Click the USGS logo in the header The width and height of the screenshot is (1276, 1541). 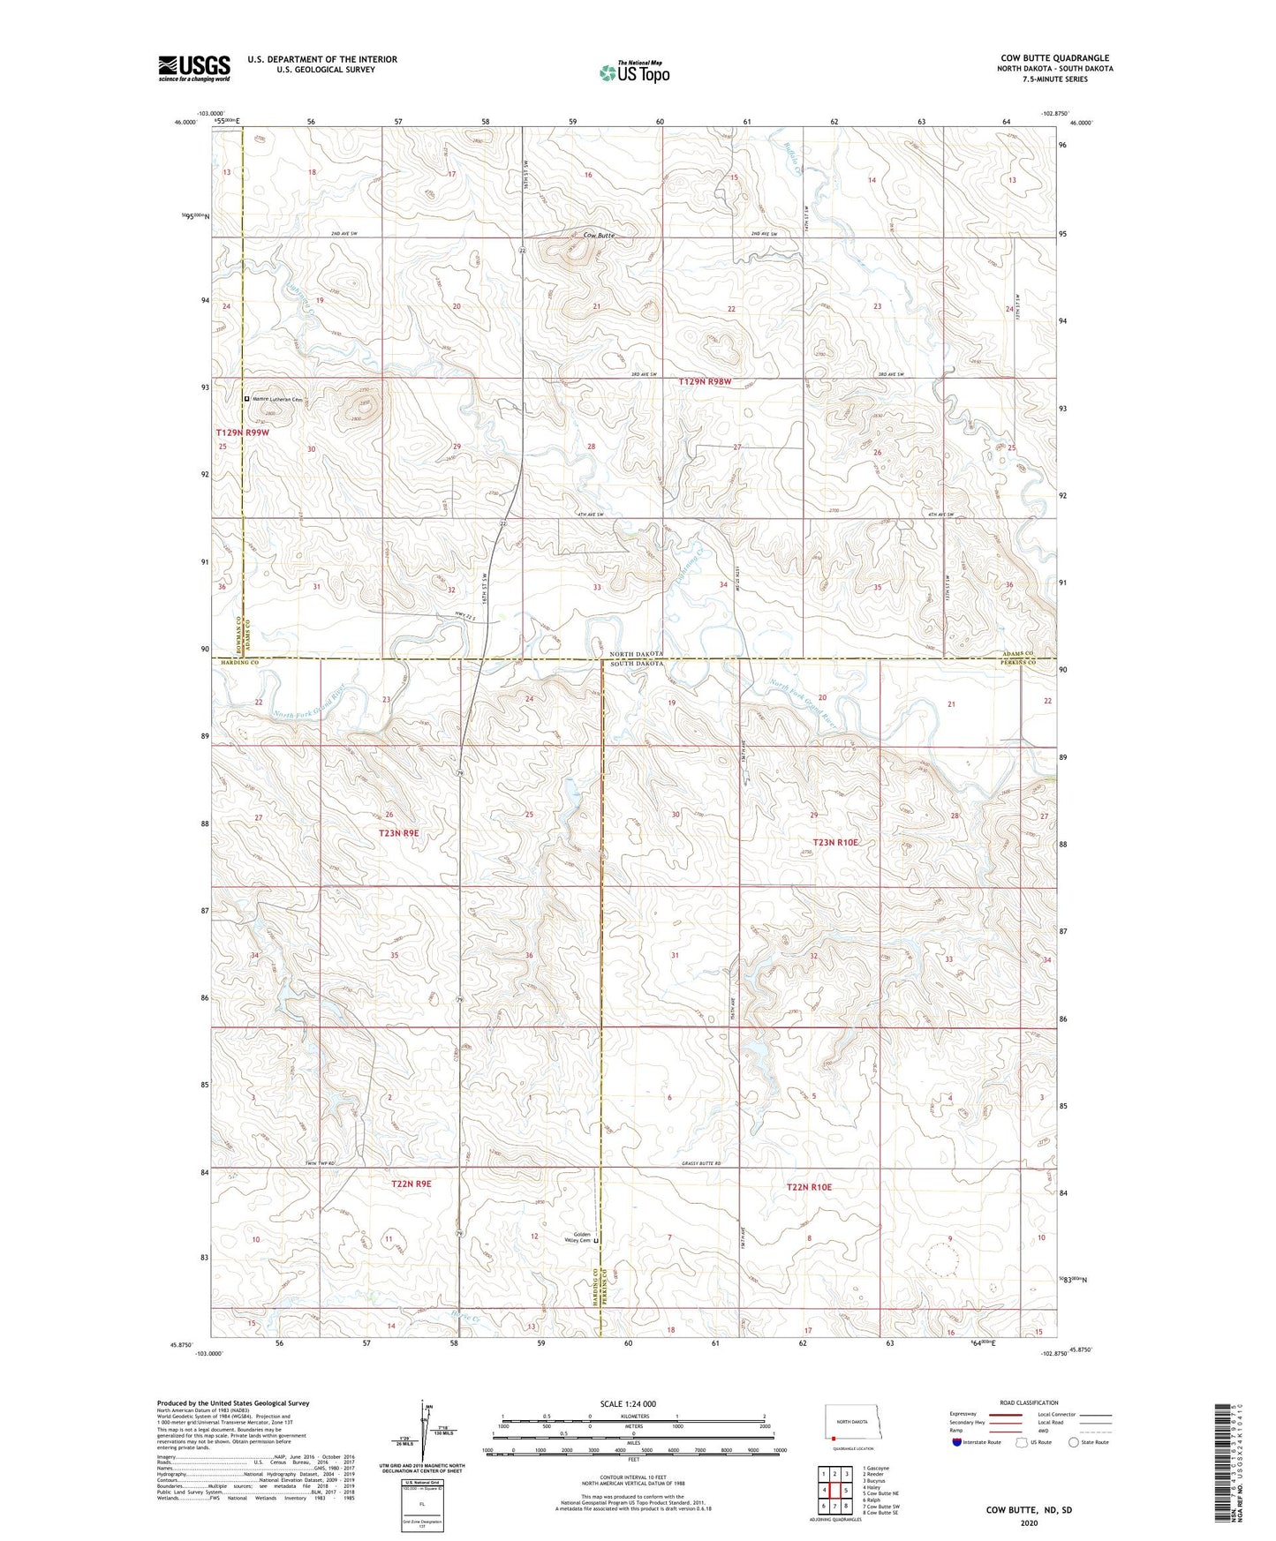(193, 68)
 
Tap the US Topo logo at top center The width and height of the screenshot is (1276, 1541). (634, 72)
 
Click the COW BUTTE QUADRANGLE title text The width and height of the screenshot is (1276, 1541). (1054, 58)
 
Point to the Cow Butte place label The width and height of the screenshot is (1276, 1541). (599, 236)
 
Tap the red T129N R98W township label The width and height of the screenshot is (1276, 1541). (705, 382)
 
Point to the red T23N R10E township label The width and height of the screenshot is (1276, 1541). (835, 842)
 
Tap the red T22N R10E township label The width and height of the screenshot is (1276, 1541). (809, 1187)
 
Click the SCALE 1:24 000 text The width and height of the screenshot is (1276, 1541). (627, 1404)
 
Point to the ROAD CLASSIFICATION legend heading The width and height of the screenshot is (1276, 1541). (1030, 1402)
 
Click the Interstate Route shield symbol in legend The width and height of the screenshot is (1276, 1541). (956, 1442)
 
